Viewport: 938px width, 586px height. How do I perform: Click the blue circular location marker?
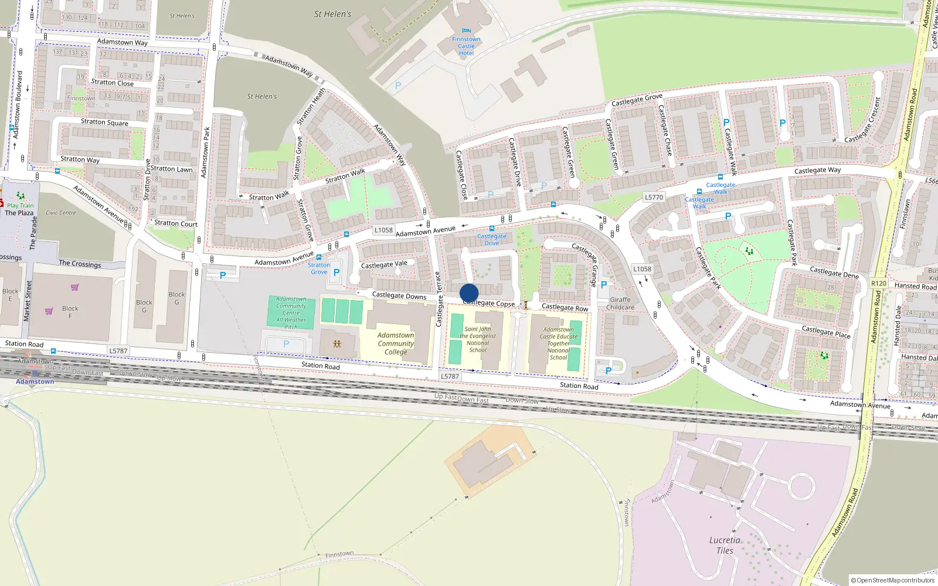coord(469,293)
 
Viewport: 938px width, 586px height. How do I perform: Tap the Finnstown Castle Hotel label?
coord(466,46)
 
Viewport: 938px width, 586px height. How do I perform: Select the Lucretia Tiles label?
coord(725,545)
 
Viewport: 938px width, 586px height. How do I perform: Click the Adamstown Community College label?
coord(396,343)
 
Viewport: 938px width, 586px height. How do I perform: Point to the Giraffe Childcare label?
coord(620,304)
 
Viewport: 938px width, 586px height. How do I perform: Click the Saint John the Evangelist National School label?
coord(478,339)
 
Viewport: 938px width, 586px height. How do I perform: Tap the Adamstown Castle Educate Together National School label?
coord(559,343)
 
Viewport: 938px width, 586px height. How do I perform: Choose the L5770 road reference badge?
coord(654,197)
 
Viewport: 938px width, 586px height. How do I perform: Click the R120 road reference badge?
coord(879,284)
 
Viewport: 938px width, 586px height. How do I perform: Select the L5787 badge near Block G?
coord(118,351)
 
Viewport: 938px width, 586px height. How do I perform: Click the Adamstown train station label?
coord(35,381)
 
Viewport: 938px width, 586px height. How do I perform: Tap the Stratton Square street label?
coord(104,122)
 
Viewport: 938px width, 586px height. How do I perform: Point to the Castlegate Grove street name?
coord(637,100)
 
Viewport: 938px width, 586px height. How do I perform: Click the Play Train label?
coord(21,206)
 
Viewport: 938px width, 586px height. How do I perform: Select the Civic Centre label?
coord(61,213)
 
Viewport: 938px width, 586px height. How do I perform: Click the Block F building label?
coord(70,312)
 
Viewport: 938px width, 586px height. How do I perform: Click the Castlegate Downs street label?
coord(399,295)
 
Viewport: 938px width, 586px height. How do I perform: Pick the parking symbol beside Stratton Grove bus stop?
coord(337,272)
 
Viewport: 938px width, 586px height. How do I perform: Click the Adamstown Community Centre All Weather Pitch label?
coord(291,312)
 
